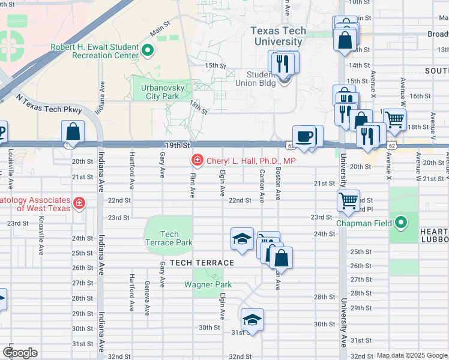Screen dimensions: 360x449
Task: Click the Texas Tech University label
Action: (278, 37)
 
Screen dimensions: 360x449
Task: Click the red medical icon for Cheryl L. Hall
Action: (196, 160)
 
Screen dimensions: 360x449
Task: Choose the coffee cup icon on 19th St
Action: (304, 136)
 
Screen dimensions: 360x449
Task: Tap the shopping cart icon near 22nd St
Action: (349, 200)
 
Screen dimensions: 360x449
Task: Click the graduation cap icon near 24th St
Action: (242, 238)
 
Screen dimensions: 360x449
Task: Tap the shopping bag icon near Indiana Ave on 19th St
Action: (72, 131)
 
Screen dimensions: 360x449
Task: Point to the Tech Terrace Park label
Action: (169, 238)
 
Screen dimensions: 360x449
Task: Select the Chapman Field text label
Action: (364, 224)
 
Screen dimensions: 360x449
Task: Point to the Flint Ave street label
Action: (193, 184)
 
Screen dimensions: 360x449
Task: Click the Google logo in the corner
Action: (20, 353)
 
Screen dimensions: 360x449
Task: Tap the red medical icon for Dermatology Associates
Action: (78, 204)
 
